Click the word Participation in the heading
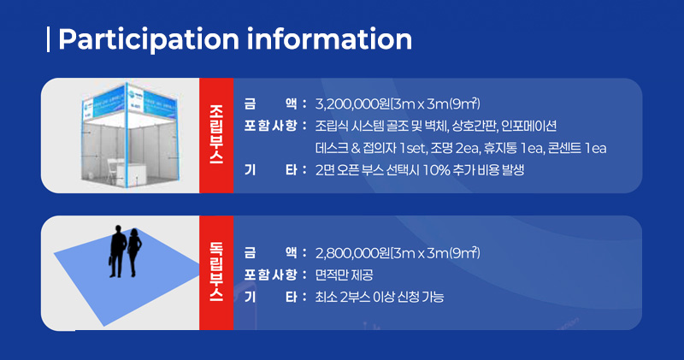149,39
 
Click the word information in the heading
329,38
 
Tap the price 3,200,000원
353,103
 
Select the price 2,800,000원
353,252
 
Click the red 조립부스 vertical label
216,134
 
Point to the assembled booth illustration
129,134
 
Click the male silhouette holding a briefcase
117,251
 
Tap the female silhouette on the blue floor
134,252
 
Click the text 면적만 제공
344,274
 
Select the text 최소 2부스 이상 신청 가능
380,298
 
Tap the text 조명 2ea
454,149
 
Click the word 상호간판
475,126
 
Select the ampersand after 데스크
356,149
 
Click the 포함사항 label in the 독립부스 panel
270,274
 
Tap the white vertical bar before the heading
48,39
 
